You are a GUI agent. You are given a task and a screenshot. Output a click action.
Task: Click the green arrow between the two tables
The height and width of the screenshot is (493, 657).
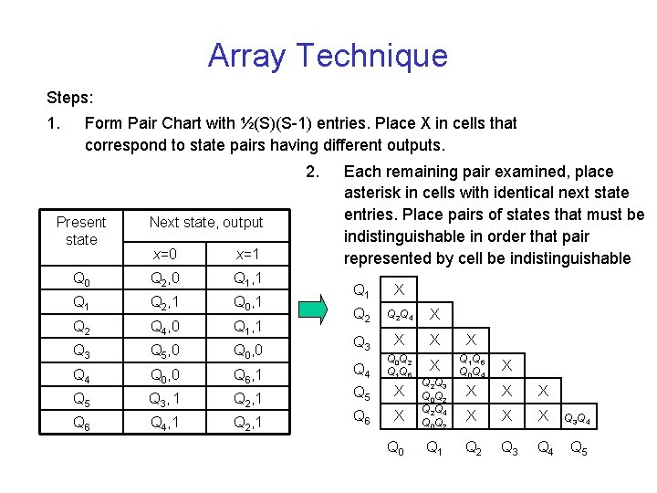tap(315, 308)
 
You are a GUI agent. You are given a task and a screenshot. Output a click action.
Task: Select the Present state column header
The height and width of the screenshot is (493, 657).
tap(81, 230)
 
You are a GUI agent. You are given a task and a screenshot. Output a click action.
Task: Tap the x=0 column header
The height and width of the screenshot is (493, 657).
tap(165, 253)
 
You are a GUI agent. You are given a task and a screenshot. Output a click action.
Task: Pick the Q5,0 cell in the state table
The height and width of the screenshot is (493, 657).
tap(165, 351)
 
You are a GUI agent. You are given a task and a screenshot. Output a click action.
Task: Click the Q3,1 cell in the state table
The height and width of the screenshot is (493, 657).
tap(165, 399)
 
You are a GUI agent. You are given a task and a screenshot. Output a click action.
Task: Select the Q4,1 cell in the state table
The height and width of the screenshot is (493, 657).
tap(165, 423)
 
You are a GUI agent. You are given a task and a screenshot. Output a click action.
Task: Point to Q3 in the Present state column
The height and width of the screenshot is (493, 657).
tap(81, 351)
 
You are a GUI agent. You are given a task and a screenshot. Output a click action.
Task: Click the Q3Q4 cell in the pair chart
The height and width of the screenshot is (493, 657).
tap(577, 419)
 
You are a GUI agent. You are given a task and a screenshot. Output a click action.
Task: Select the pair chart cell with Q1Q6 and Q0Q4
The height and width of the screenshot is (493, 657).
tap(472, 365)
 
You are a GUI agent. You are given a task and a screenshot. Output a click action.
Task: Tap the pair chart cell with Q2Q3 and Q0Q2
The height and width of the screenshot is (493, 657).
tap(434, 390)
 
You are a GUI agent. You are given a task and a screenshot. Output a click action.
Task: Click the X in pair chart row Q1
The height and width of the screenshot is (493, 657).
tap(399, 289)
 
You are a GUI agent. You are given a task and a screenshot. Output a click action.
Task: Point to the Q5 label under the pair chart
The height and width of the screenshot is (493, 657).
tap(578, 447)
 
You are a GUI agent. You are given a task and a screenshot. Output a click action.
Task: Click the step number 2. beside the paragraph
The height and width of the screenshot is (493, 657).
tap(313, 172)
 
